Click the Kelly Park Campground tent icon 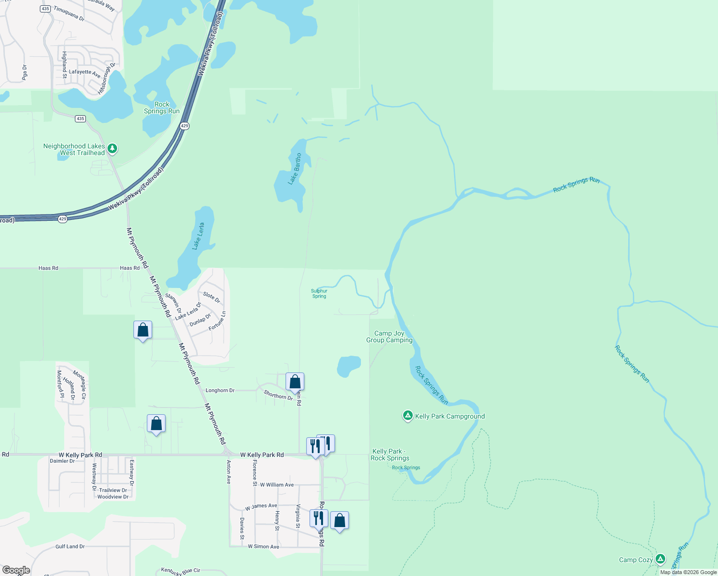pyautogui.click(x=407, y=416)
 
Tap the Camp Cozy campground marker pyautogui.click(x=660, y=559)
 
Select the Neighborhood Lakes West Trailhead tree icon pyautogui.click(x=112, y=149)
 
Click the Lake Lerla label pyautogui.click(x=198, y=236)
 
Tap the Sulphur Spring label pyautogui.click(x=319, y=293)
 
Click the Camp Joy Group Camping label pyautogui.click(x=389, y=336)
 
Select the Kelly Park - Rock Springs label pyautogui.click(x=390, y=455)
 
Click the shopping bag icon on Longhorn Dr pyautogui.click(x=295, y=382)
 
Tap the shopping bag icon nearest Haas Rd pyautogui.click(x=143, y=330)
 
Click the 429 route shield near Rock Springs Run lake pyautogui.click(x=185, y=126)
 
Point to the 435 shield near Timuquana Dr pyautogui.click(x=46, y=9)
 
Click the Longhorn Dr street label pyautogui.click(x=220, y=390)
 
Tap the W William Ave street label pyautogui.click(x=277, y=485)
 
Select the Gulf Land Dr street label pyautogui.click(x=70, y=546)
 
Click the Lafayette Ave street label pyautogui.click(x=84, y=73)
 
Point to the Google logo pyautogui.click(x=16, y=570)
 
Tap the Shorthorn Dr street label pyautogui.click(x=278, y=395)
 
